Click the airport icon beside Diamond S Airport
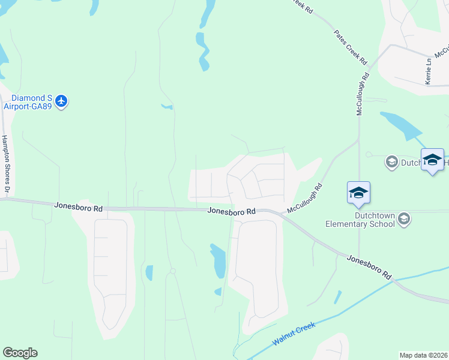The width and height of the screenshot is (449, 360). (61, 102)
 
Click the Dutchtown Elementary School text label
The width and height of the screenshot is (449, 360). (360, 220)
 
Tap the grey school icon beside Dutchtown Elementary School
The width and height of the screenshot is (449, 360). (404, 219)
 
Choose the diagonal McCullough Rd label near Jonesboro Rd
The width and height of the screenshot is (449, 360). (305, 199)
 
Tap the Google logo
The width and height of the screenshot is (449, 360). (20, 353)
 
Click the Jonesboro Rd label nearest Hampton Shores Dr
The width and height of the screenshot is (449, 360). (78, 206)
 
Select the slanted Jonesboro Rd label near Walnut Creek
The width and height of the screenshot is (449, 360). (369, 266)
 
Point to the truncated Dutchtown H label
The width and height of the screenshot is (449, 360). (412, 162)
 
